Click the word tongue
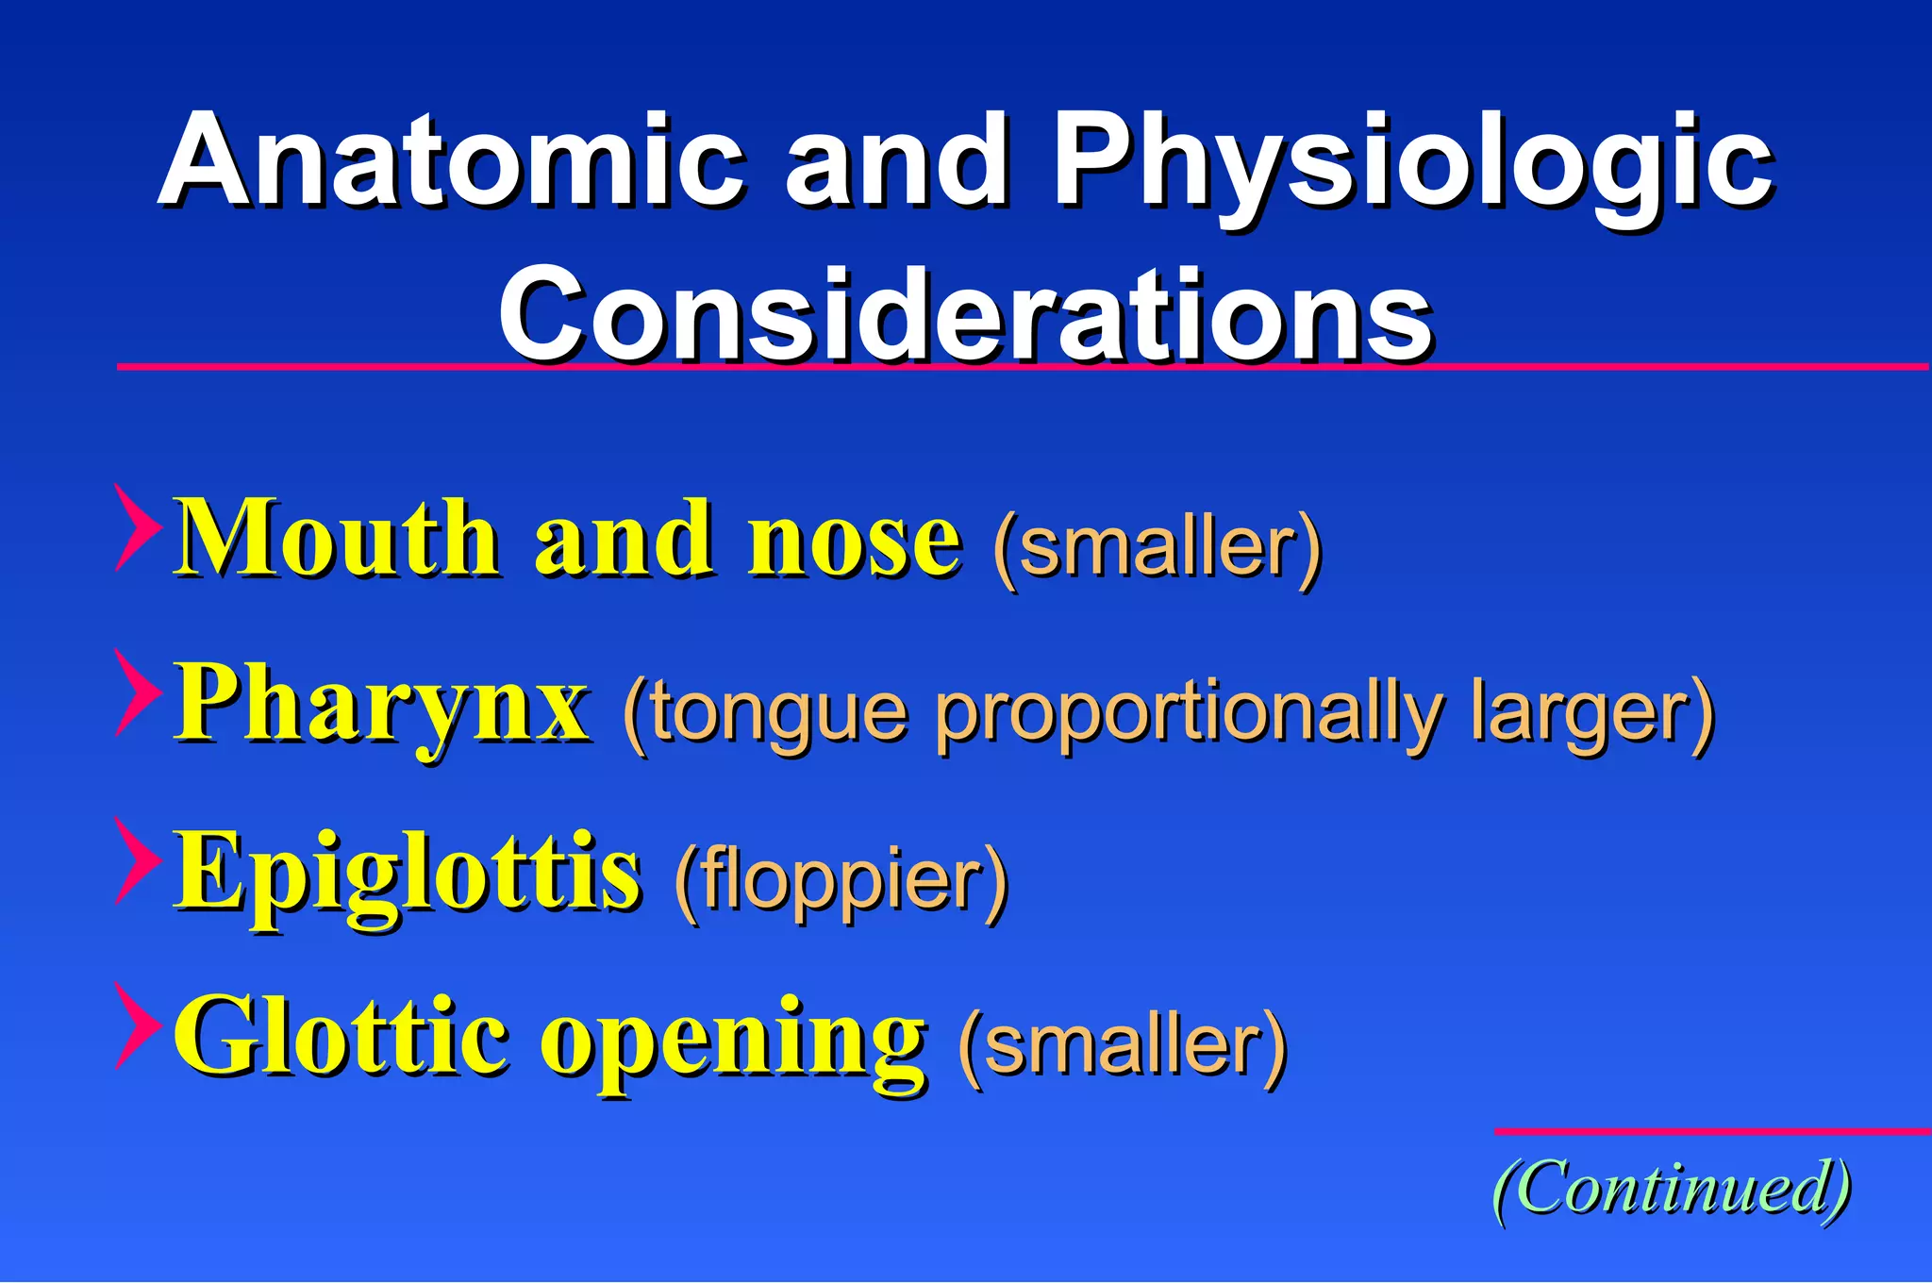(778, 714)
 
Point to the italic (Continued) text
(1671, 1189)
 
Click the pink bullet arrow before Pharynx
(135, 693)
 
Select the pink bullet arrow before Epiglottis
(135, 860)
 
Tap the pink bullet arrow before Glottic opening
(135, 1025)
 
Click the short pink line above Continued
(1712, 1131)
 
